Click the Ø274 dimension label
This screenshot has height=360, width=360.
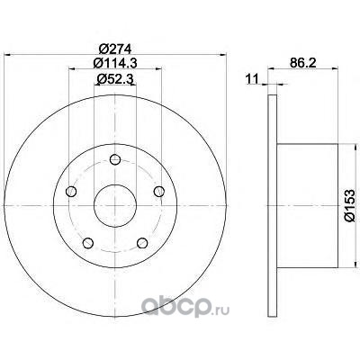pyautogui.click(x=115, y=49)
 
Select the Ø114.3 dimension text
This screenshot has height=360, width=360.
pyautogui.click(x=115, y=63)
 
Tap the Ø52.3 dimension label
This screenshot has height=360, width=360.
pyautogui.click(x=115, y=79)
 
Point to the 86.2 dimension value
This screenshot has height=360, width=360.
pyautogui.click(x=303, y=63)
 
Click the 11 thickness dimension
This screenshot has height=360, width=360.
pyautogui.click(x=252, y=79)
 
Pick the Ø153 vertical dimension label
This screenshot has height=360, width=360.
pyautogui.click(x=349, y=205)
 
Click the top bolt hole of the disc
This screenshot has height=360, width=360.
pyautogui.click(x=115, y=159)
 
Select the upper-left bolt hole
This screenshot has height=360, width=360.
pyautogui.click(x=71, y=192)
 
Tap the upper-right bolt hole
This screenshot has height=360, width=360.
pyautogui.click(x=159, y=192)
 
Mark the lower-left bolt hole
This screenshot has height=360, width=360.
pyautogui.click(x=88, y=243)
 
